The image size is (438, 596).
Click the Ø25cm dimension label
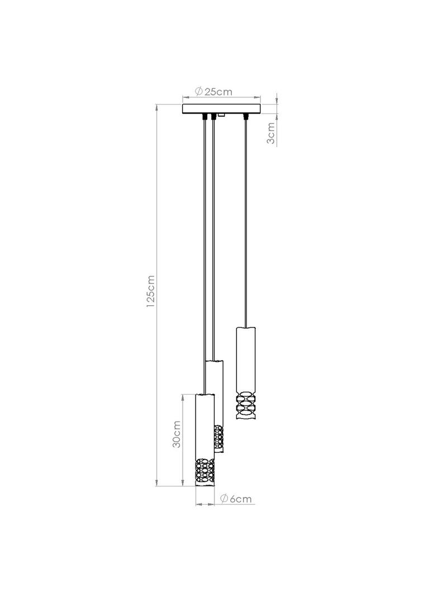(213, 92)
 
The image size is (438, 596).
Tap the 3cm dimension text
(271, 133)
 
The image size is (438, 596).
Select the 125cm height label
(151, 291)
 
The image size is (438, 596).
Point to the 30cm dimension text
(177, 434)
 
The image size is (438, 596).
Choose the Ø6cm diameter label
(236, 499)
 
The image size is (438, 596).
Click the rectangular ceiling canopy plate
(222, 108)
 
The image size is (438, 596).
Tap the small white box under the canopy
(221, 115)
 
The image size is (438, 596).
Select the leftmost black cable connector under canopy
(206, 116)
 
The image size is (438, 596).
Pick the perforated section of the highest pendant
(246, 406)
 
